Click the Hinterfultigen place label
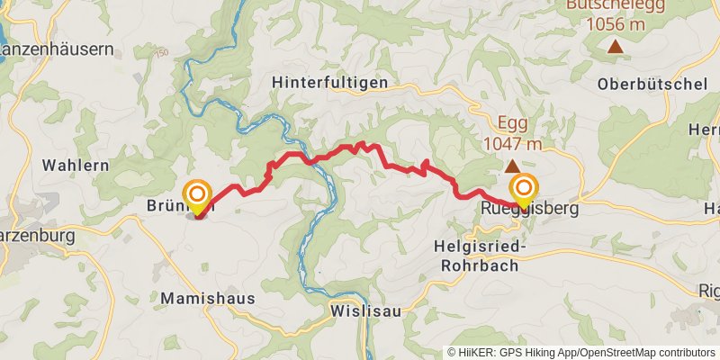click(x=329, y=82)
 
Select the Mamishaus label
click(x=208, y=297)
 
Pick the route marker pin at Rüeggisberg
click(x=523, y=190)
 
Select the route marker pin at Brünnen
click(x=196, y=195)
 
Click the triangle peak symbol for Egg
click(x=511, y=166)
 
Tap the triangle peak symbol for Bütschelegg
click(x=616, y=46)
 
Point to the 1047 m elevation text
click(x=512, y=144)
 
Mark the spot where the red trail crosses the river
click(x=310, y=160)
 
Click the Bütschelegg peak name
click(x=616, y=5)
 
